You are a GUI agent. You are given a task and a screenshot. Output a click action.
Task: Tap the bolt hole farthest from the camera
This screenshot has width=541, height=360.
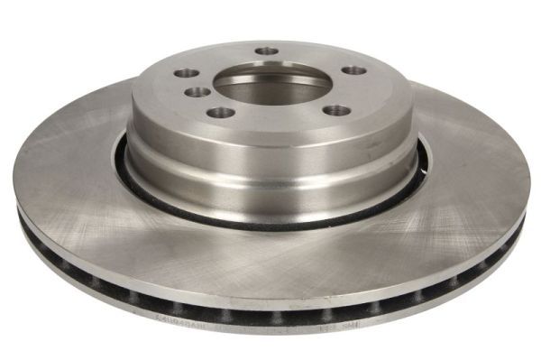pos(267,51)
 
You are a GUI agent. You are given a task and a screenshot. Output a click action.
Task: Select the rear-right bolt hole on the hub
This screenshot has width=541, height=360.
pos(354,70)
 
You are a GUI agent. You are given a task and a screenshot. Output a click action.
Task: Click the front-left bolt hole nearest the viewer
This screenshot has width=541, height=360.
pos(215,113)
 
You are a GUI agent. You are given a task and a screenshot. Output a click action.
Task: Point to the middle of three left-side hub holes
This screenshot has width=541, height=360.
pos(192,91)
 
